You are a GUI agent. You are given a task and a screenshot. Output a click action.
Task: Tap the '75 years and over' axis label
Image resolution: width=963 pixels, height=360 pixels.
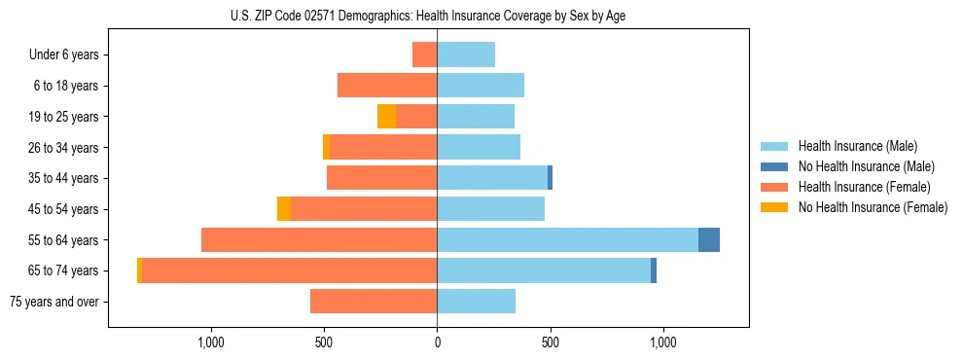click(x=54, y=302)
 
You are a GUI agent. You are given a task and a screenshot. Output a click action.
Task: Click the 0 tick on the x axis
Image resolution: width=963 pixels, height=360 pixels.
click(x=437, y=342)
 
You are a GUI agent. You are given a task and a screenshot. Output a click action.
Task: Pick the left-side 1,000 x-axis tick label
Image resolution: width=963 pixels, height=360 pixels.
click(x=211, y=342)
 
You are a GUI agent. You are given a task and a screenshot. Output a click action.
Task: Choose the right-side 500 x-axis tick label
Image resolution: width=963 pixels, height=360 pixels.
click(x=550, y=342)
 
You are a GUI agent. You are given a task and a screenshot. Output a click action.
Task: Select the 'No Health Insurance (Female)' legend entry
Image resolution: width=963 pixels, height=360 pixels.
click(x=873, y=207)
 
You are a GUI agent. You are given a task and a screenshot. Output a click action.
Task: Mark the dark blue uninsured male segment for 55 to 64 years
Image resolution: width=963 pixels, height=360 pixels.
click(x=709, y=240)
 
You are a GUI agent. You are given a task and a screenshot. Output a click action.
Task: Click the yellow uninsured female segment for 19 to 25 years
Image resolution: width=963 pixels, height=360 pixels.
click(x=386, y=117)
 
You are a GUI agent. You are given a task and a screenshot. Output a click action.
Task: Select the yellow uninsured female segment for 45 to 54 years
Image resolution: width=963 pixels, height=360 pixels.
click(x=284, y=209)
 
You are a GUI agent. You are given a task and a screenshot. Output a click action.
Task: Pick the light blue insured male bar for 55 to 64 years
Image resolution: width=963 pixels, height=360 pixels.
click(x=567, y=240)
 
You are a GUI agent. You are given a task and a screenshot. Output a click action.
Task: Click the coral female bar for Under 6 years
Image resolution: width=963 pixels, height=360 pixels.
click(x=424, y=55)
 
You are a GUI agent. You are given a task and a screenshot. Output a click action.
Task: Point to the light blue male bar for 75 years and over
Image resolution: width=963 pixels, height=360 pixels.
click(x=476, y=302)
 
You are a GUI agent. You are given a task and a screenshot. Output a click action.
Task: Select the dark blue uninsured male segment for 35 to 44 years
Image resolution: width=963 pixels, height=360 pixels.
click(x=550, y=178)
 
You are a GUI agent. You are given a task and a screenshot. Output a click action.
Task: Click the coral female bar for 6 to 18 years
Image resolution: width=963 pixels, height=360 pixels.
click(x=387, y=86)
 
